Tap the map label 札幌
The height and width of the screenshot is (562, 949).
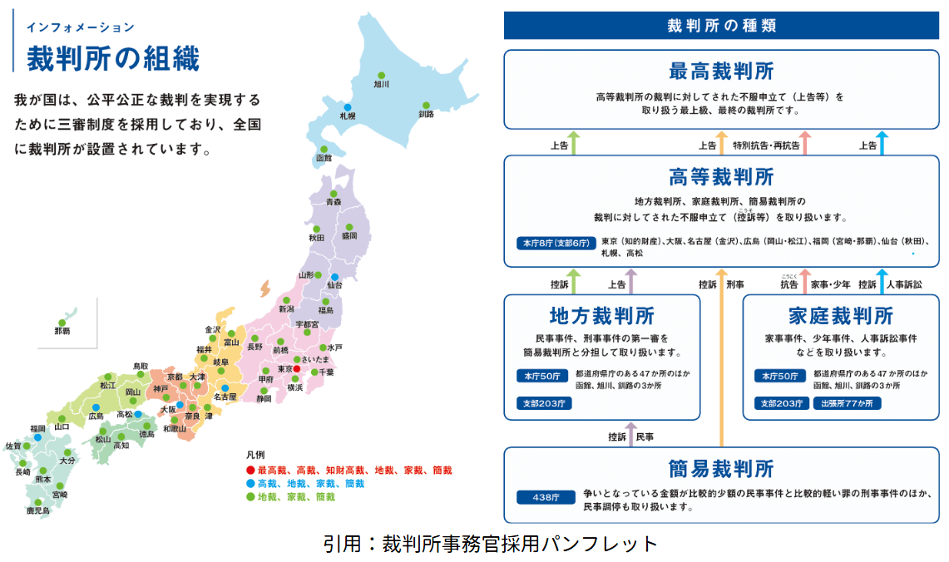click(x=348, y=118)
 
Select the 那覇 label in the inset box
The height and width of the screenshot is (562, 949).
click(x=62, y=333)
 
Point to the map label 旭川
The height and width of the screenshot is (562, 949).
click(x=382, y=85)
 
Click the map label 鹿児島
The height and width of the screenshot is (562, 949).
click(x=38, y=510)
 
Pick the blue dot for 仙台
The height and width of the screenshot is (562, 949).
click(x=335, y=277)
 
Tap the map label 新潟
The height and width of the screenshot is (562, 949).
click(x=287, y=308)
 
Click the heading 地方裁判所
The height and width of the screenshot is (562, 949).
click(x=601, y=316)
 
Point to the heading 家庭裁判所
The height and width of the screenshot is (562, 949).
click(x=840, y=316)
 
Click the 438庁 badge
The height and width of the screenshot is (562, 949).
click(x=541, y=497)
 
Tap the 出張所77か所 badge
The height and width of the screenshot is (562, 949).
click(x=848, y=403)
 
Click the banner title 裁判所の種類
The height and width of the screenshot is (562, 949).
click(x=721, y=26)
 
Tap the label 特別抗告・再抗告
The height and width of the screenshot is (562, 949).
click(x=766, y=145)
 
